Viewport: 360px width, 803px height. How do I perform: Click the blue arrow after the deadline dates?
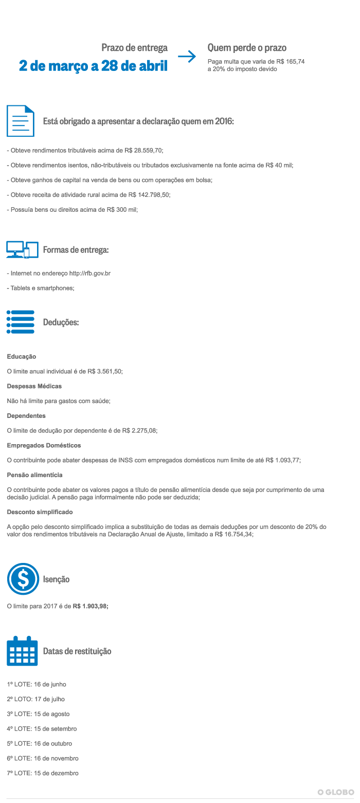click(187, 57)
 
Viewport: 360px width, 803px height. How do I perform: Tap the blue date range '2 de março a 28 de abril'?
click(93, 66)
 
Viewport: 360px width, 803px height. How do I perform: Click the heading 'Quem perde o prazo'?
click(247, 48)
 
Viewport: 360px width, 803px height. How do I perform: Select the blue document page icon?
click(21, 121)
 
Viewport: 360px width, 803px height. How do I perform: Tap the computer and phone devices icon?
click(23, 249)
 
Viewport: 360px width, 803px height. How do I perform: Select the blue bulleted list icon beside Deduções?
click(21, 322)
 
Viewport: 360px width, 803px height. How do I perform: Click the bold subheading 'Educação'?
click(22, 356)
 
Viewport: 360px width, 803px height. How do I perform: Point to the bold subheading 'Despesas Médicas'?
click(34, 386)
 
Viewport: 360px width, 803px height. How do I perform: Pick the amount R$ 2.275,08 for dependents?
click(139, 431)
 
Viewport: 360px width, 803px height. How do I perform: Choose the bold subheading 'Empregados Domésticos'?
click(44, 445)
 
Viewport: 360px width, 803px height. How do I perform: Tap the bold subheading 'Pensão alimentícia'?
click(35, 475)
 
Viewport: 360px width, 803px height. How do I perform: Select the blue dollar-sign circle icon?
click(23, 579)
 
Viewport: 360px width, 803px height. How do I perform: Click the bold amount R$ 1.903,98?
click(91, 606)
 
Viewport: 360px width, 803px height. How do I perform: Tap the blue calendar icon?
click(22, 651)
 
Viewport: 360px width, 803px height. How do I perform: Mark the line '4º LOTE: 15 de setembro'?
click(42, 728)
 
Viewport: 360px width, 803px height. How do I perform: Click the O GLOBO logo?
click(336, 792)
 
